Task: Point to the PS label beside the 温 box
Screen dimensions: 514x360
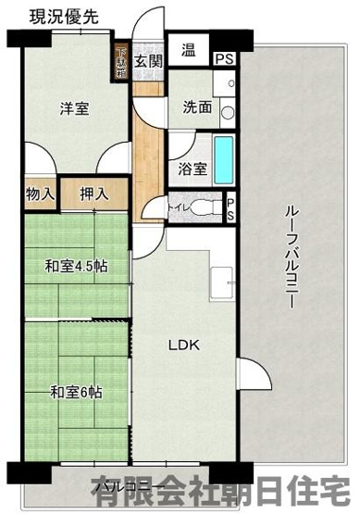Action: [x=223, y=59]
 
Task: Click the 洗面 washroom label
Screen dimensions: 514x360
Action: [x=196, y=107]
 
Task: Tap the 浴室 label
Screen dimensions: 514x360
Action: [x=192, y=169]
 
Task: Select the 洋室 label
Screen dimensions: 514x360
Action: [x=74, y=109]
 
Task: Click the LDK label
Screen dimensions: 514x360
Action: [x=182, y=346]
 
